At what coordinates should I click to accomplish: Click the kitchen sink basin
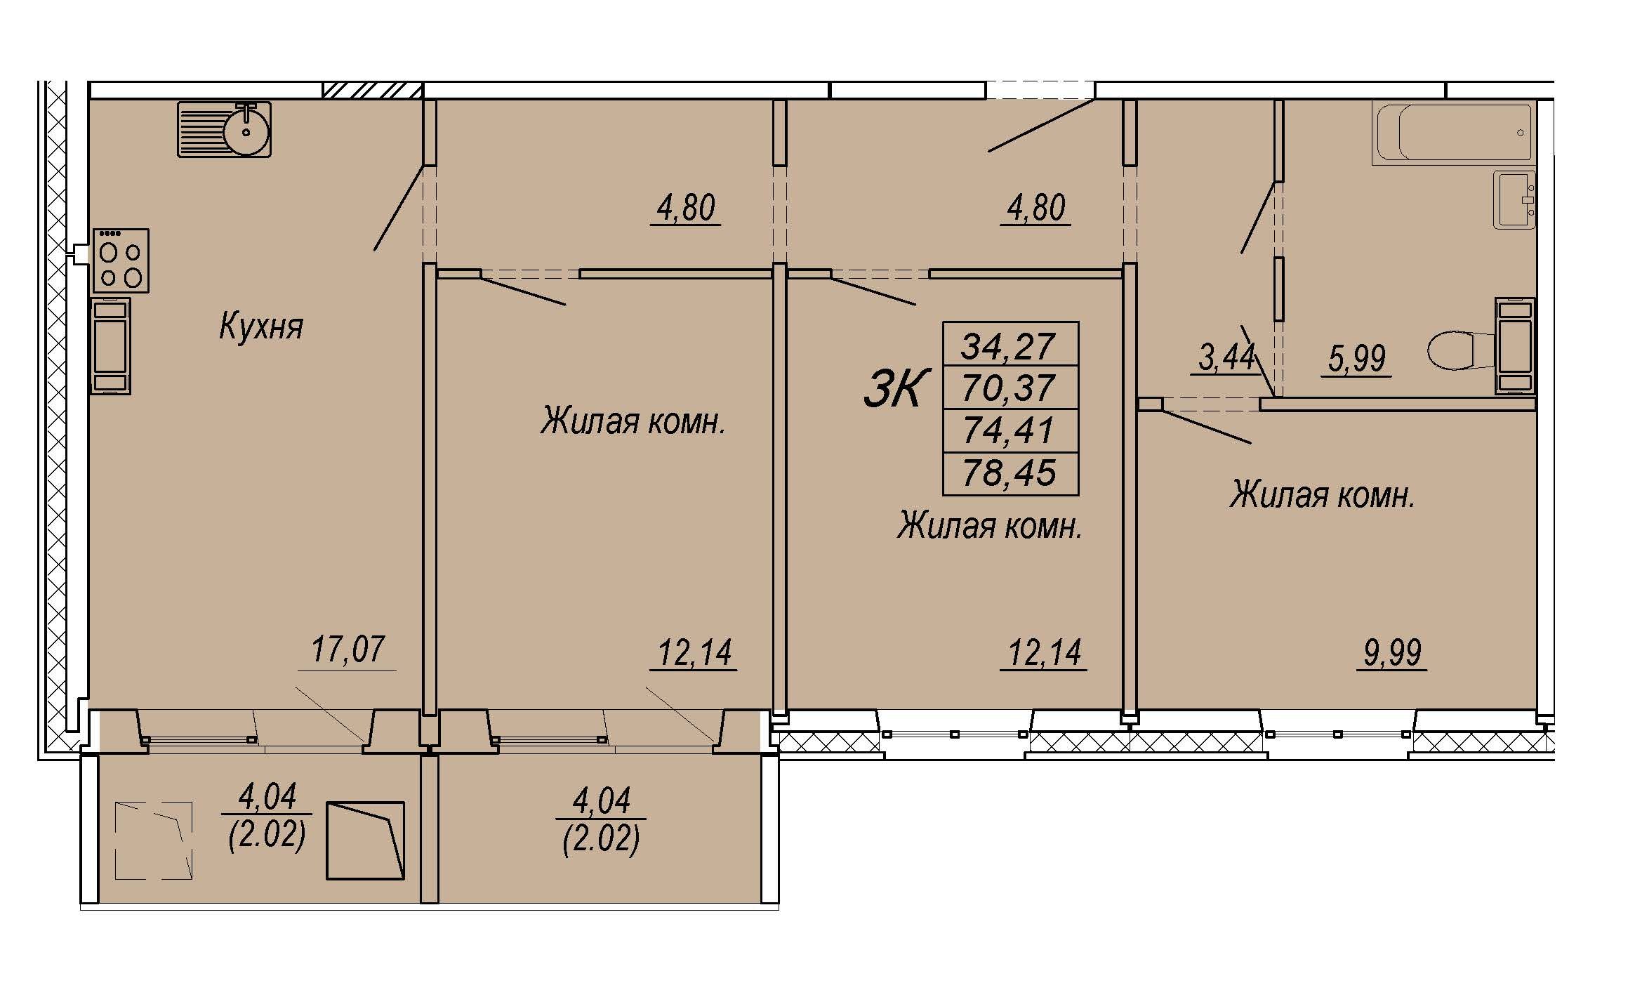click(246, 129)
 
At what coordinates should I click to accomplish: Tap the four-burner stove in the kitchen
click(121, 260)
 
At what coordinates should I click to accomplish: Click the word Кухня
click(261, 327)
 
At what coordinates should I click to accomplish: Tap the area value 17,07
click(347, 649)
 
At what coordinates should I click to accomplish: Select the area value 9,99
click(1392, 653)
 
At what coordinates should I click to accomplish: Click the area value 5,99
click(1356, 359)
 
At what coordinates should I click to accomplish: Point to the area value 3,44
click(1226, 357)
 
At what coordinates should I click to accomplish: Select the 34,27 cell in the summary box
click(1010, 344)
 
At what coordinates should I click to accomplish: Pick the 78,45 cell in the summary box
click(1010, 473)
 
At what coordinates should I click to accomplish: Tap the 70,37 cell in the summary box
click(1010, 387)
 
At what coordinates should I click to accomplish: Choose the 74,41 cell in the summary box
click(1010, 430)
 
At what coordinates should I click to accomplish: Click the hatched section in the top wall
click(373, 91)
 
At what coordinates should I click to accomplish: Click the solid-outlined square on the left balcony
click(366, 840)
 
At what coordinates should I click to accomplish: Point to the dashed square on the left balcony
click(153, 840)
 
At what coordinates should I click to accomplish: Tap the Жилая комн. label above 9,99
click(1323, 496)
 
